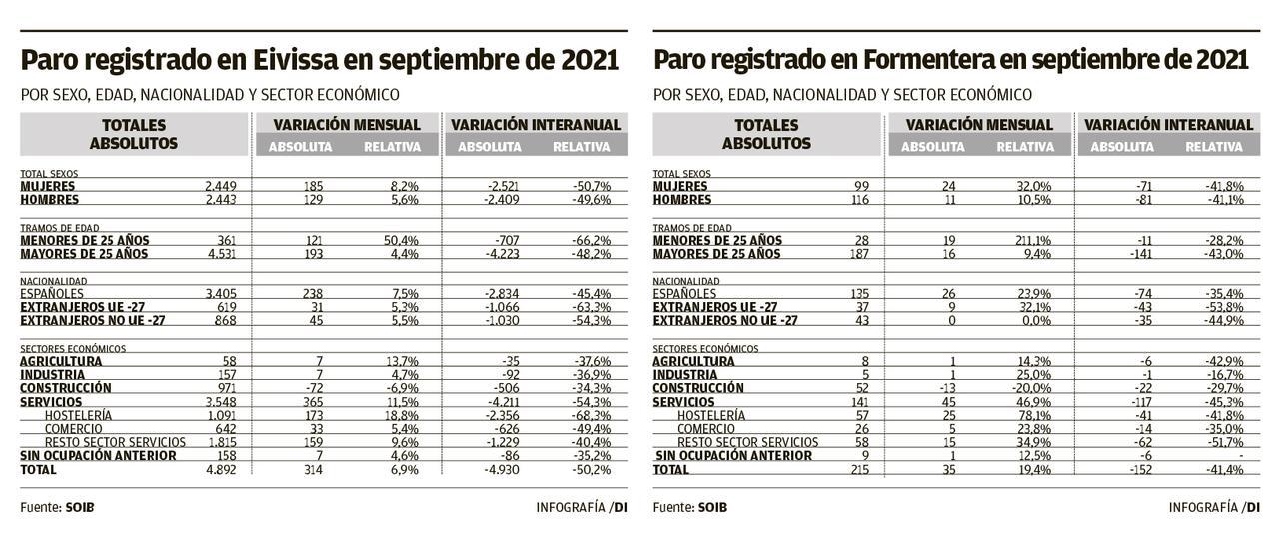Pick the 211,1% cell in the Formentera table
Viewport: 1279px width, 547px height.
click(x=1029, y=241)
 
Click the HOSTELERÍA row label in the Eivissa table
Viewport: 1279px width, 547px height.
click(x=78, y=415)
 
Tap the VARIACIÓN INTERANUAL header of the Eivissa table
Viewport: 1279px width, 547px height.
click(x=535, y=125)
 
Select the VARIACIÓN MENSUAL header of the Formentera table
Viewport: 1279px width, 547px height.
click(x=978, y=125)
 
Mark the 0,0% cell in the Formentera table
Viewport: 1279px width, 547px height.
click(x=1033, y=320)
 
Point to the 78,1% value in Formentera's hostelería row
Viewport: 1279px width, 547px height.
click(x=1033, y=415)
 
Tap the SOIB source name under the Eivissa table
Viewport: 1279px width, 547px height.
click(x=79, y=507)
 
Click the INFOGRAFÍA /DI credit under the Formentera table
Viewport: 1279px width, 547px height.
click(x=1213, y=507)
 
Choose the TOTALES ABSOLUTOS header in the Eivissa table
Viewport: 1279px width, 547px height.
click(x=134, y=134)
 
